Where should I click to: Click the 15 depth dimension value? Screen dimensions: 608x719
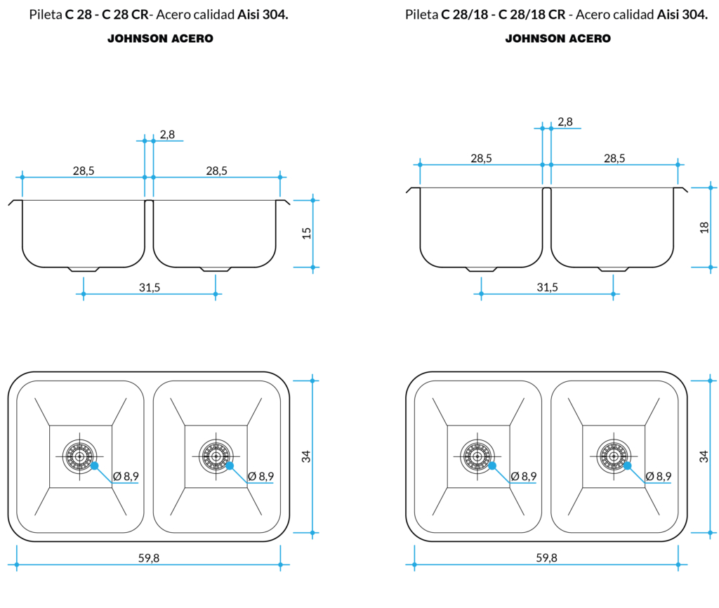306,233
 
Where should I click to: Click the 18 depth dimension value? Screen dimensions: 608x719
704,227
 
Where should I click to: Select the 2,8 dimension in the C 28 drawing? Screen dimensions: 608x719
167,134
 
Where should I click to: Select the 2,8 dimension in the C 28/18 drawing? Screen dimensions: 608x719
565,121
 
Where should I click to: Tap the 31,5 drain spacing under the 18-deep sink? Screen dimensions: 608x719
547,287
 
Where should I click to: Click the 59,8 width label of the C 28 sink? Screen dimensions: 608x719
148,557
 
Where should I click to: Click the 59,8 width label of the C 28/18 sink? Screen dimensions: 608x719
546,557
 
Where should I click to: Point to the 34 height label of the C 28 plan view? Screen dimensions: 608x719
306,456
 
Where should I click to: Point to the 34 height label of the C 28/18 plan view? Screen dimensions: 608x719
704,456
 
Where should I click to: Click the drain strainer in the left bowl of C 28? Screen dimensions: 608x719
79,456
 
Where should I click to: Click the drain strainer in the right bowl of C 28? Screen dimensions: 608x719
214,456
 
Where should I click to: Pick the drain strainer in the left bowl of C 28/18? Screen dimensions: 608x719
477,456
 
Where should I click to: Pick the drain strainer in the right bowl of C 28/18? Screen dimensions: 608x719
612,456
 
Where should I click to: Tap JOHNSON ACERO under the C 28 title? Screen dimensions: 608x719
160,39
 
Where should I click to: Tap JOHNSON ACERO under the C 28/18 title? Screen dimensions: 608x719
558,39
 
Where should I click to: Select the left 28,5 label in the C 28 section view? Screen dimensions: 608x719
84,171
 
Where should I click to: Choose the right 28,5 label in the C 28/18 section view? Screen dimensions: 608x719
614,158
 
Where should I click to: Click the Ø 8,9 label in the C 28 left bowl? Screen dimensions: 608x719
126,476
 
